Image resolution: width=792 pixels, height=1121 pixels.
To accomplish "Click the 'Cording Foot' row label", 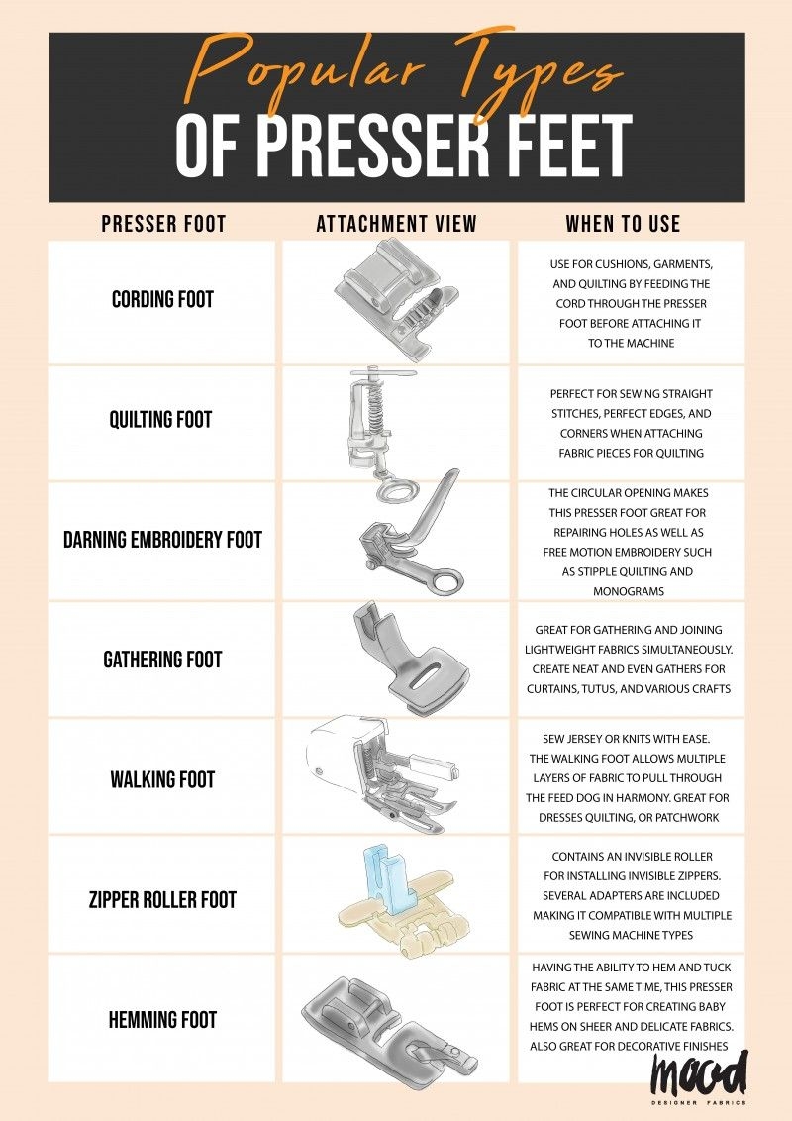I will pyautogui.click(x=162, y=299).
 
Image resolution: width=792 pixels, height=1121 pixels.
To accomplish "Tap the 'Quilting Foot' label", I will pyautogui.click(x=160, y=420).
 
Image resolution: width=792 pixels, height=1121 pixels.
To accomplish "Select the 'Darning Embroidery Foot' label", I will pyautogui.click(x=162, y=541).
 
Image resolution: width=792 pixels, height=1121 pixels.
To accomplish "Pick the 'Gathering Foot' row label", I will pyautogui.click(x=162, y=660).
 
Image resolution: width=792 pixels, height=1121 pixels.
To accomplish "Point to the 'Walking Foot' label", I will pyautogui.click(x=162, y=779).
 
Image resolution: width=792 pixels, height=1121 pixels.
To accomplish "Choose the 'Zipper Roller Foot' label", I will pyautogui.click(x=162, y=900).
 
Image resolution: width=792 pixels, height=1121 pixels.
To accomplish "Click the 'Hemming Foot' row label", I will pyautogui.click(x=162, y=1020).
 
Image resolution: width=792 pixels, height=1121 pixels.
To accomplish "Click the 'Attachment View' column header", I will pyautogui.click(x=396, y=224).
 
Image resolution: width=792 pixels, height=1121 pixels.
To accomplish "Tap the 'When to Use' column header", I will pyautogui.click(x=623, y=224).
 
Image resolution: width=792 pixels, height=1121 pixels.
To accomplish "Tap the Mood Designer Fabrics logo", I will pyautogui.click(x=699, y=1078).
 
